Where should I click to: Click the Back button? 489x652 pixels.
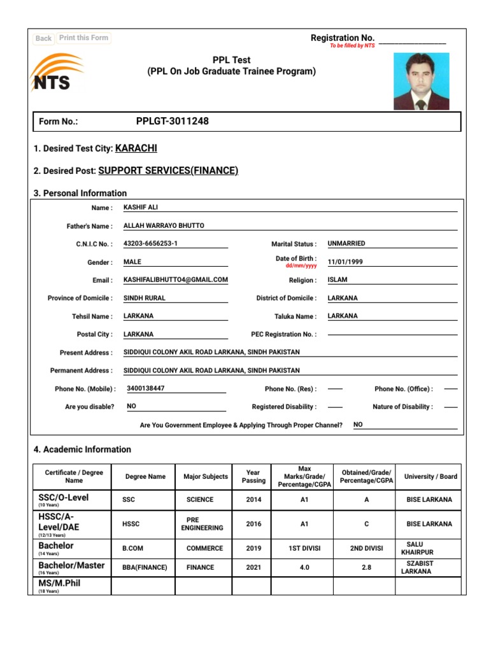43,38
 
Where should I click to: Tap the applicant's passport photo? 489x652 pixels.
421,81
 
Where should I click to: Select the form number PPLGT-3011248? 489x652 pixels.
172,121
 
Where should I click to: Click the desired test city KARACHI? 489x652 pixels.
136,148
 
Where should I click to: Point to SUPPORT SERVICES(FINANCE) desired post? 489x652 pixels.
168,171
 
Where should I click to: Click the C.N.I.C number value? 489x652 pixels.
150,244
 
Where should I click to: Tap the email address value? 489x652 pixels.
175,280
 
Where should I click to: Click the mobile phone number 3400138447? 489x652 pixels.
146,388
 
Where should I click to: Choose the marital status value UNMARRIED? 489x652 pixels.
346,243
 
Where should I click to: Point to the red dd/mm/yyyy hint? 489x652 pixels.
301,266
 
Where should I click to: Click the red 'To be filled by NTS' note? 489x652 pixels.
352,46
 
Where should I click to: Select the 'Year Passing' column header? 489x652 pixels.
253,476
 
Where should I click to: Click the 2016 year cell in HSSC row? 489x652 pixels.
253,523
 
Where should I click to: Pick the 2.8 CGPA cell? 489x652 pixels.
366,567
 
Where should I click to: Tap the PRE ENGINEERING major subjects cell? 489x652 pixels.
202,523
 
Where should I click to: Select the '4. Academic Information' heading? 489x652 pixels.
82,450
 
